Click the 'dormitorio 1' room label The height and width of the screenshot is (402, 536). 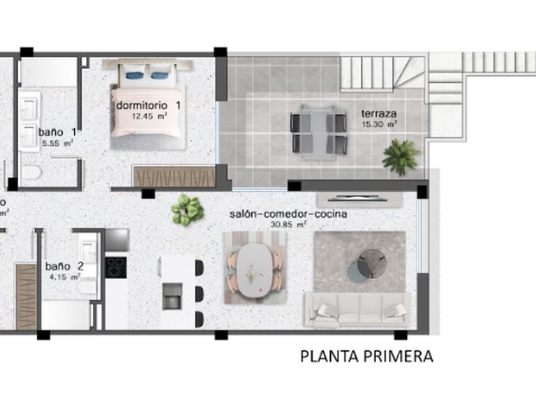point(148,105)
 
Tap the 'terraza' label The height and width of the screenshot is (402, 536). point(379,112)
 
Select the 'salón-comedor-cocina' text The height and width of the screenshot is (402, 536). point(288,214)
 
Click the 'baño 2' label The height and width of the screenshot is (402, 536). point(64,266)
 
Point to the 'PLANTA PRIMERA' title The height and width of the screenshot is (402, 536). point(366,357)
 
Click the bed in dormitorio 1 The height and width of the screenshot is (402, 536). point(148,102)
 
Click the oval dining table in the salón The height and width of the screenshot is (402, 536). point(254,267)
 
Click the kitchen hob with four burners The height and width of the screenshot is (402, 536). point(116,267)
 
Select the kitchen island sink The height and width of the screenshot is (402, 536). point(172,297)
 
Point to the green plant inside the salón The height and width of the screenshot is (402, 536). point(187,209)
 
